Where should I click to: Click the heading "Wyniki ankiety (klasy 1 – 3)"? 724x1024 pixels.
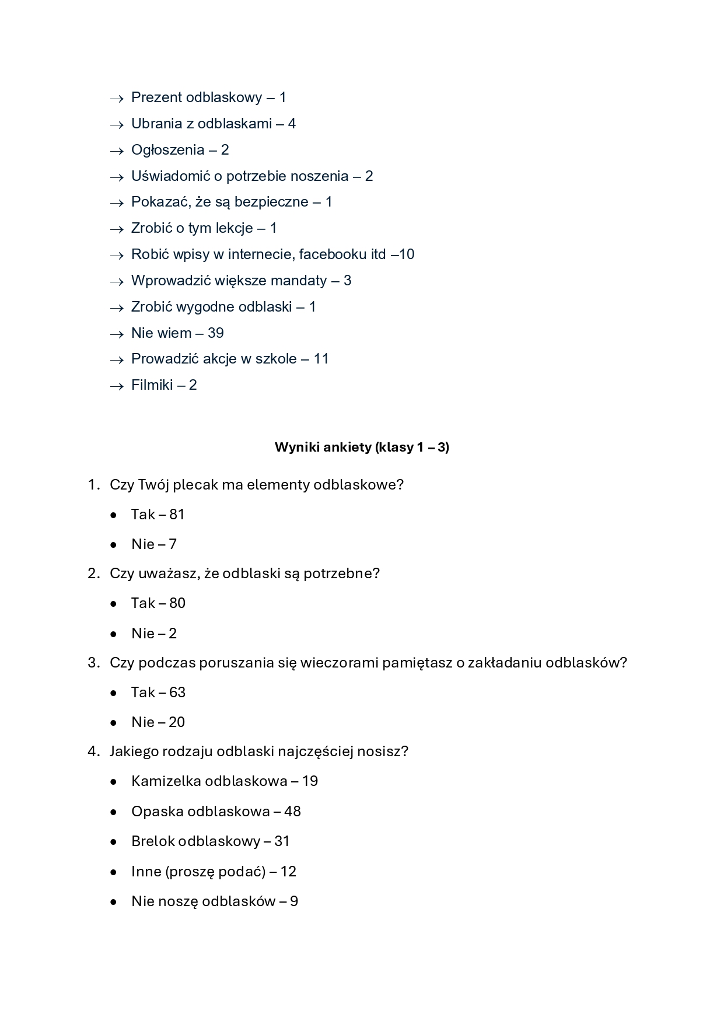pos(362,448)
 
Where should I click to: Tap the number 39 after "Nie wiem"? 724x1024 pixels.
pos(216,333)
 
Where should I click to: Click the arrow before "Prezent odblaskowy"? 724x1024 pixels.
pos(117,99)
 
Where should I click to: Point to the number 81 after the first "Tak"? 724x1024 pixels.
pos(177,515)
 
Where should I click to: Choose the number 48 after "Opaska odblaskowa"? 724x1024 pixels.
pos(292,812)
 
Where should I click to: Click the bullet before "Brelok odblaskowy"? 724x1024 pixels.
pos(113,842)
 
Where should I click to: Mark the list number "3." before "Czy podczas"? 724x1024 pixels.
pos(94,663)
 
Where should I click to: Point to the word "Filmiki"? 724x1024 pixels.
pos(152,385)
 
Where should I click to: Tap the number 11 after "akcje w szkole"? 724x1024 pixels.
pos(321,359)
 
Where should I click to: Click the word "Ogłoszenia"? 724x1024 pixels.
pos(167,150)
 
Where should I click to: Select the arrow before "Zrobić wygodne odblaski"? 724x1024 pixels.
pos(117,308)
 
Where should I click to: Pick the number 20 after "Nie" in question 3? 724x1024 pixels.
pos(177,722)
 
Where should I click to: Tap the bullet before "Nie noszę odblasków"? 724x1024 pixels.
pos(113,902)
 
